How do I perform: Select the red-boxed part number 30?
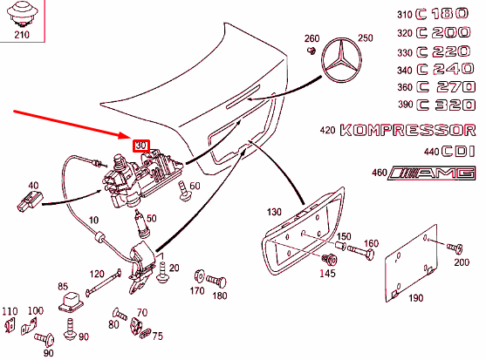point(141,146)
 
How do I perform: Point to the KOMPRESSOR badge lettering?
point(408,131)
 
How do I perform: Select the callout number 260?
point(312,38)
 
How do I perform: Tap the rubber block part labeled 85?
point(70,301)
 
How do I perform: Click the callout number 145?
point(326,274)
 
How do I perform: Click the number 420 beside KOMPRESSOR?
point(327,131)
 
